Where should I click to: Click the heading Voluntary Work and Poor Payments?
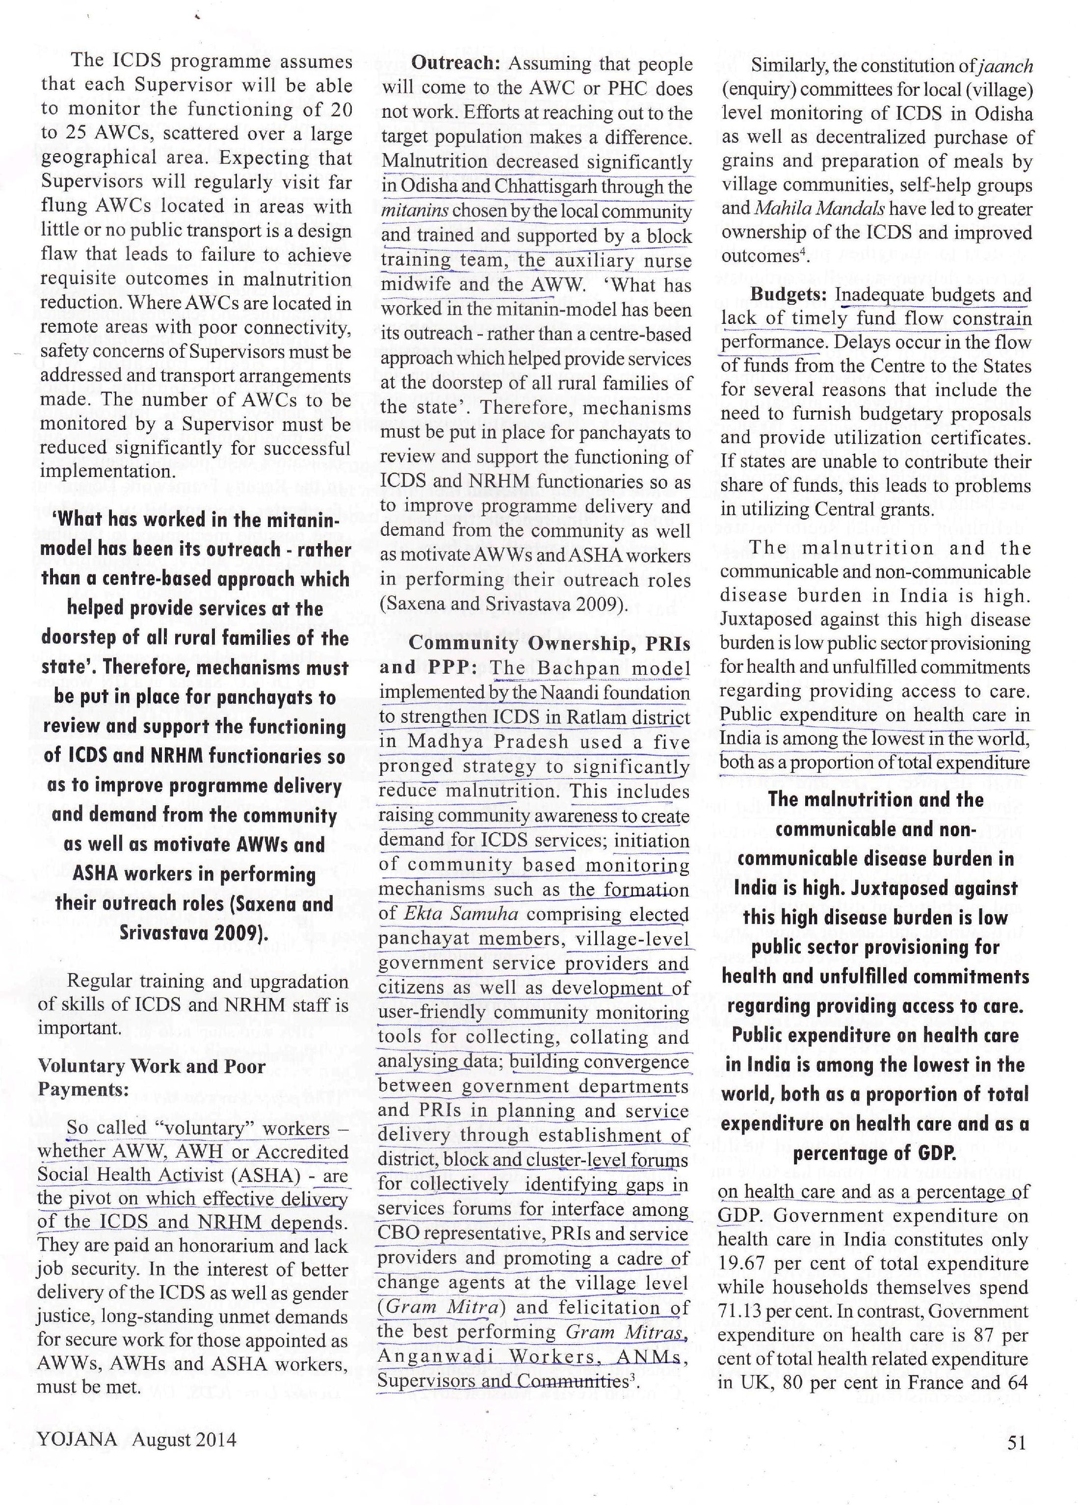pyautogui.click(x=151, y=1078)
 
